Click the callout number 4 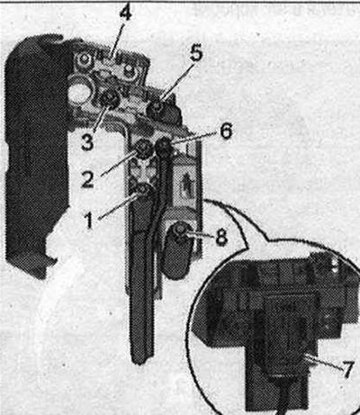(126, 14)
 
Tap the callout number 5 (196, 54)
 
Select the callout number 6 (226, 131)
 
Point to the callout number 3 (87, 142)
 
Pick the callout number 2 (87, 180)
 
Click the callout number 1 (89, 221)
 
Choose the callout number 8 (221, 238)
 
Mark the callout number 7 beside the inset (348, 370)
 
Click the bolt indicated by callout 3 (109, 99)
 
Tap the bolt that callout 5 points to (157, 109)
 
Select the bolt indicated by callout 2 (144, 148)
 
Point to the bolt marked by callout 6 (163, 147)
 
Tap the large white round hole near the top (78, 92)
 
